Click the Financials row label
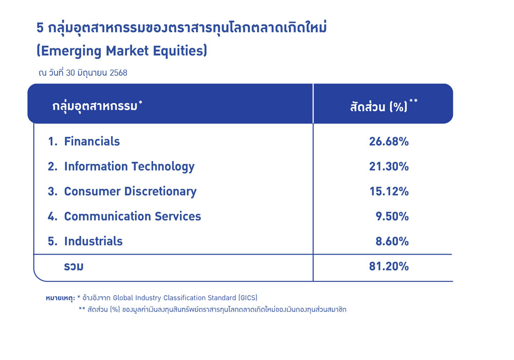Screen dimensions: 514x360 (92, 141)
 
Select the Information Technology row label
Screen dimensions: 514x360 (129, 167)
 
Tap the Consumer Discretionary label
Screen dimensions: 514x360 (130, 191)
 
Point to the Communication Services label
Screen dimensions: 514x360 (133, 217)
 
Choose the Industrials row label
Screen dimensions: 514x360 (94, 241)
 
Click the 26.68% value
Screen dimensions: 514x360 (389, 141)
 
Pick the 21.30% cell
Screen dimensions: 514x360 (389, 167)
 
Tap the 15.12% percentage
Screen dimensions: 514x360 (389, 191)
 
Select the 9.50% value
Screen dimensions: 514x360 (392, 217)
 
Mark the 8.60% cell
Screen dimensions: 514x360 (392, 241)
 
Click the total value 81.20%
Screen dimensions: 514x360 (389, 266)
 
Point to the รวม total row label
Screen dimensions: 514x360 (74, 266)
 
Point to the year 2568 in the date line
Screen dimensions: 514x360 (118, 73)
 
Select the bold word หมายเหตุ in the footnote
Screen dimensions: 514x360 (60, 298)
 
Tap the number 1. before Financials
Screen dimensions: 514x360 (52, 141)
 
